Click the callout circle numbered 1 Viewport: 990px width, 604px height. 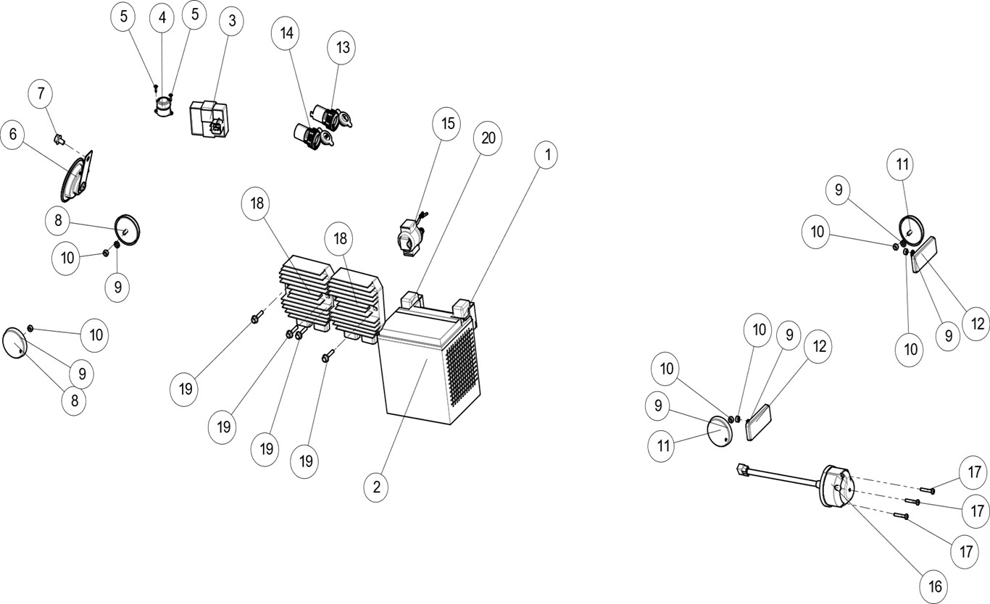point(546,155)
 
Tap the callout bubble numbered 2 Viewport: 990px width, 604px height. point(376,487)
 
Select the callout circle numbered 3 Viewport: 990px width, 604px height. point(232,21)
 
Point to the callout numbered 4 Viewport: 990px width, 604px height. point(162,18)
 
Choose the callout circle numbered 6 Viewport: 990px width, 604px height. point(13,135)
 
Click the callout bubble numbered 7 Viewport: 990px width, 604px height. point(41,94)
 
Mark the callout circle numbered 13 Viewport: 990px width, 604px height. point(343,48)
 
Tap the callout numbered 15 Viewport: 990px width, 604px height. point(447,124)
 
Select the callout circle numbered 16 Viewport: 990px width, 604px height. point(933,584)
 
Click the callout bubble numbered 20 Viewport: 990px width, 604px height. point(488,138)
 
